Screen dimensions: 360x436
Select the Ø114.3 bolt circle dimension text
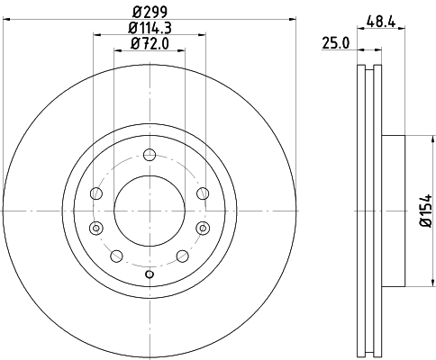click(149, 28)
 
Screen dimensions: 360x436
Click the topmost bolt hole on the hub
click(150, 159)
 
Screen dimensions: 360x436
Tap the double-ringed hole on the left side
click(96, 227)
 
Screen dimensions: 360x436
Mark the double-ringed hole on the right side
click(202, 227)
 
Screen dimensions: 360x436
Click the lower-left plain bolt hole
click(115, 256)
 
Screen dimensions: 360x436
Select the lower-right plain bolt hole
click(184, 256)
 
